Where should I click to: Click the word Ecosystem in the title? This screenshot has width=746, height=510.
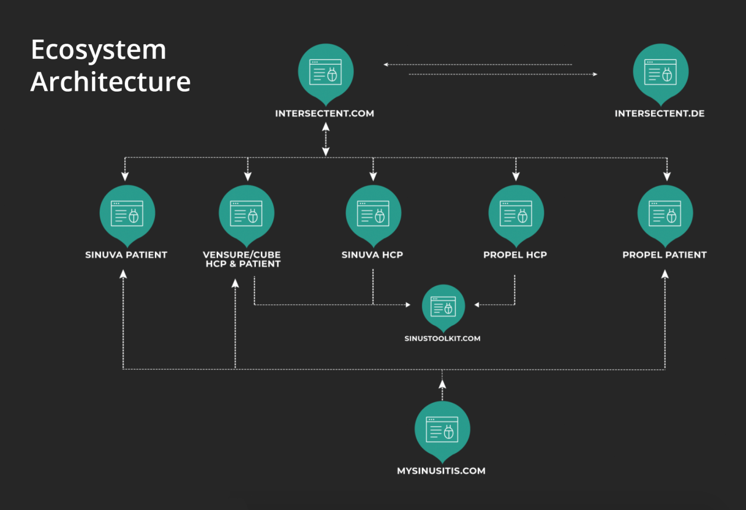[x=98, y=51]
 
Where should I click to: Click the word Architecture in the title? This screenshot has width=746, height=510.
[x=111, y=82]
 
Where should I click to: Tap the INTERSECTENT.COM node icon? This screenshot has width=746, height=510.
[x=325, y=73]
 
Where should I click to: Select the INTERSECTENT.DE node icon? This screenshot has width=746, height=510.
[x=660, y=73]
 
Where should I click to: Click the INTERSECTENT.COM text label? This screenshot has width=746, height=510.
[x=325, y=114]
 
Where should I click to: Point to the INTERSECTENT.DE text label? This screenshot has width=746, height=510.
[x=660, y=114]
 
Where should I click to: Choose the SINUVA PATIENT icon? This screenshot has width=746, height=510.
[x=127, y=214]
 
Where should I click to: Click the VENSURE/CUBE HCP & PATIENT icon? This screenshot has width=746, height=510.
[x=247, y=214]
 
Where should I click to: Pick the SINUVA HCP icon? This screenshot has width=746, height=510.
[x=373, y=214]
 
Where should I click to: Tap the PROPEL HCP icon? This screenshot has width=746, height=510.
[x=516, y=214]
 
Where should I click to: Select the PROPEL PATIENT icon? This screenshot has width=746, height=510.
[x=665, y=214]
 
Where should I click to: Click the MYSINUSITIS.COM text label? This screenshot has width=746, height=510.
[x=441, y=470]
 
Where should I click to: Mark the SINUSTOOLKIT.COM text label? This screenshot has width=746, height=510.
[x=442, y=338]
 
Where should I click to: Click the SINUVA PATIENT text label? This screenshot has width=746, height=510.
[x=126, y=255]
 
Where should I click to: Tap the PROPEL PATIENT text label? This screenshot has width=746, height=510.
[x=664, y=255]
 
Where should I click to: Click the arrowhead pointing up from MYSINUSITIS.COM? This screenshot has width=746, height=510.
[x=442, y=384]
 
